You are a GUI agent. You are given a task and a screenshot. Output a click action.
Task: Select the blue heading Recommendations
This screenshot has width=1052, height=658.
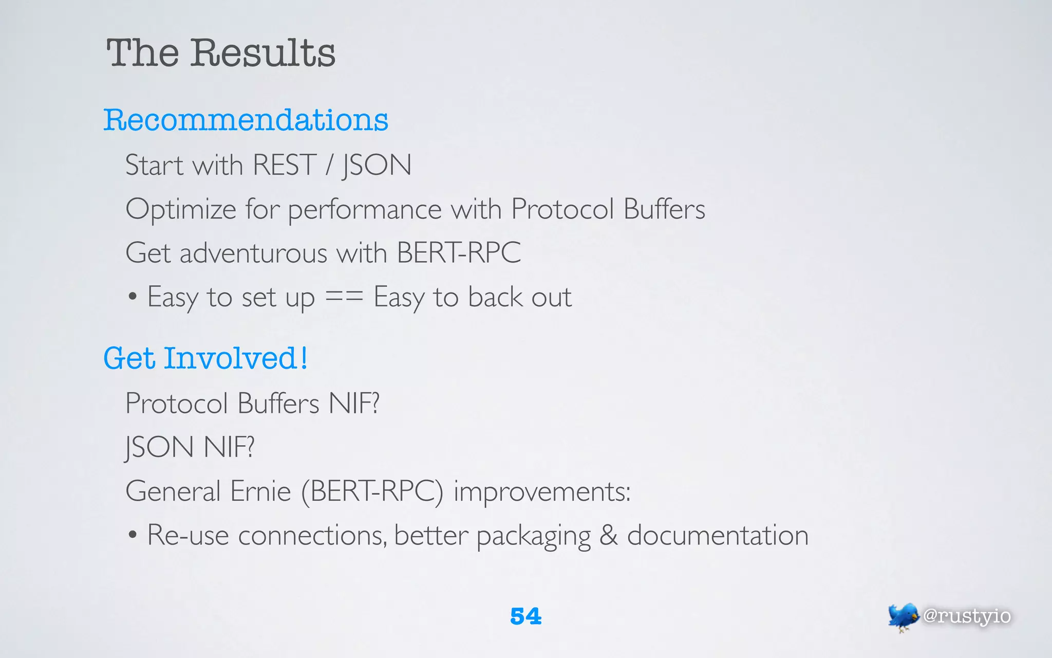pos(246,120)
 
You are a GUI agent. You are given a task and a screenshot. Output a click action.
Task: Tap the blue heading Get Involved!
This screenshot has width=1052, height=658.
pos(205,358)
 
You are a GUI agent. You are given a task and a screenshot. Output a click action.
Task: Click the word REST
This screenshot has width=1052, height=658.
pos(285,166)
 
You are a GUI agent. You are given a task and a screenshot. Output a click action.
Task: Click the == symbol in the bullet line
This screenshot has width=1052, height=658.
pos(344,297)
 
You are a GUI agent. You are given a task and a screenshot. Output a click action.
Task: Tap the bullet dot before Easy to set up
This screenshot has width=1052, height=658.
pos(133,297)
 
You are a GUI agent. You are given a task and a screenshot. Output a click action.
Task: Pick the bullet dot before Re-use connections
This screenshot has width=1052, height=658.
pos(133,535)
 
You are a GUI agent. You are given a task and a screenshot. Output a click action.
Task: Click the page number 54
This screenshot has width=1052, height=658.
pos(525,616)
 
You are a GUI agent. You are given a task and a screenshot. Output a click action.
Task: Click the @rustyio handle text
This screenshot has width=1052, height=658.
pos(967,616)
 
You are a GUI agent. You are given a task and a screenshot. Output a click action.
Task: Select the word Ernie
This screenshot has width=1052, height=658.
pos(260,491)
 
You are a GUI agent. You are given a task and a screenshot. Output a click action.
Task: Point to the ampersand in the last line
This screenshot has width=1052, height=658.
pos(609,535)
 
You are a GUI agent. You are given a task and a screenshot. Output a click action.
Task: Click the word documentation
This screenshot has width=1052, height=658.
pos(718,535)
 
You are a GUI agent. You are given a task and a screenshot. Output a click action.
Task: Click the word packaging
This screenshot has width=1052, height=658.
pos(534,536)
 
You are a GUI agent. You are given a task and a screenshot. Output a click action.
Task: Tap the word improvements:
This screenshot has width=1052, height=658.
pos(542,492)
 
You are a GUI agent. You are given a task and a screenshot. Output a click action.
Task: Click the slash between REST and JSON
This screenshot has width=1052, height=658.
pos(329,166)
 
